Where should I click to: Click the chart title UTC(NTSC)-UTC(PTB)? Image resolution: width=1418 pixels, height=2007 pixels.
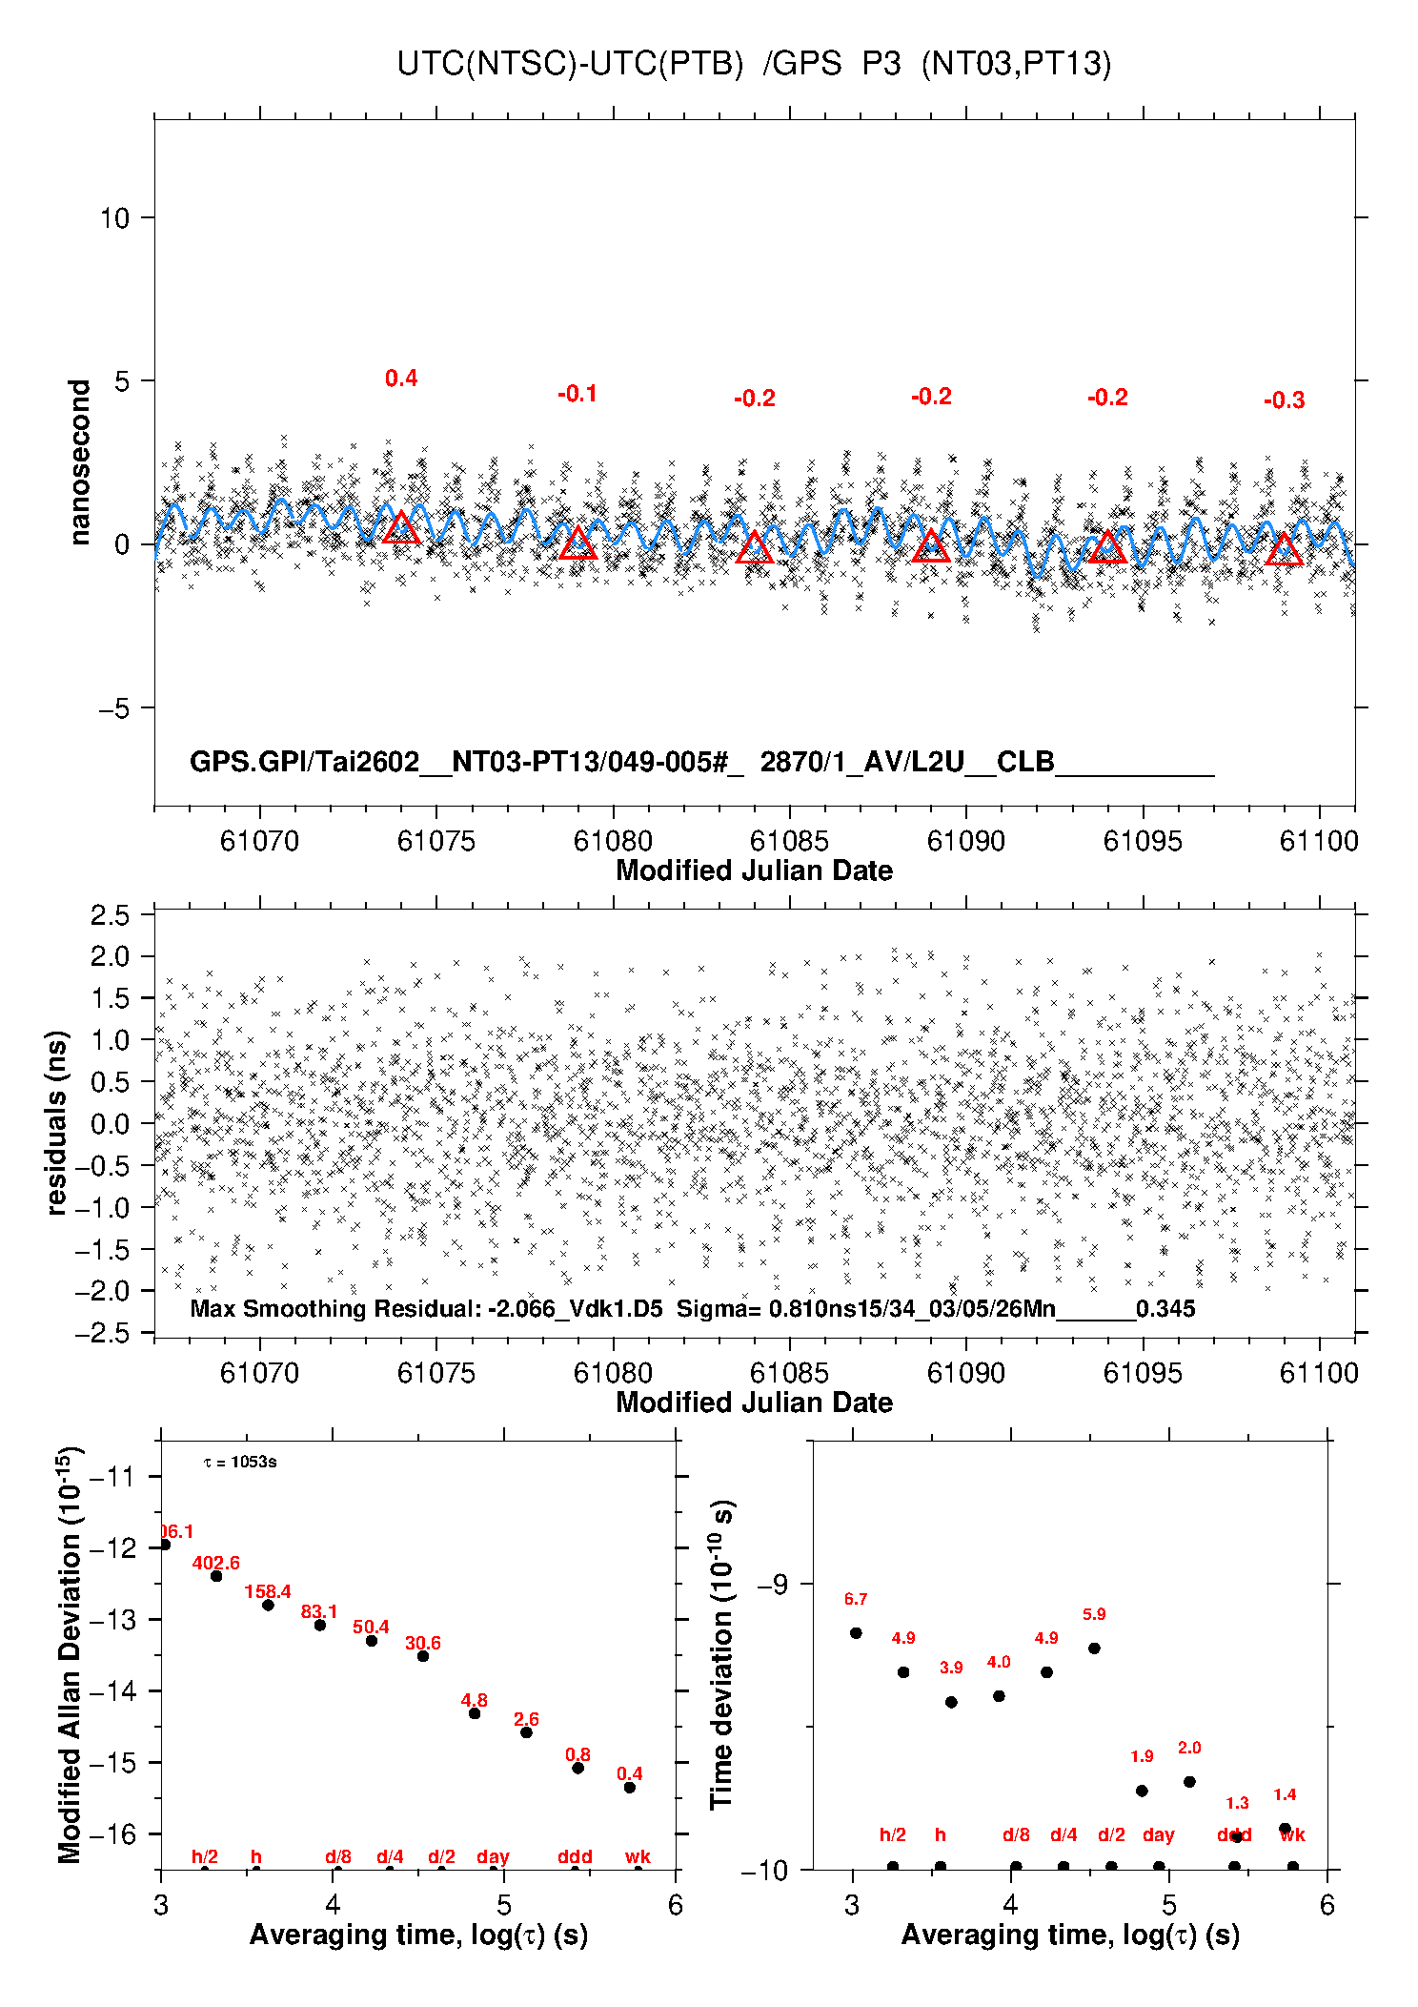click(x=569, y=64)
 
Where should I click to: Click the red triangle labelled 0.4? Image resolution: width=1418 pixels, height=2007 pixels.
click(x=401, y=528)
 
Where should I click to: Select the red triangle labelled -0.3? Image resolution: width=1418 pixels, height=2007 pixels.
click(x=1284, y=550)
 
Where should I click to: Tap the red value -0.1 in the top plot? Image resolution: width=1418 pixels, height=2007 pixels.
click(x=577, y=394)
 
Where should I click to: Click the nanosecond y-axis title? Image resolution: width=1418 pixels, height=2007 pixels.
click(x=79, y=462)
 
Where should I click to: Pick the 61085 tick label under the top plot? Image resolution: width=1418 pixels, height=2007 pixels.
click(x=789, y=841)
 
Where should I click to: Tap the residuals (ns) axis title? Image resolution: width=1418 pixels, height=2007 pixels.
click(x=56, y=1122)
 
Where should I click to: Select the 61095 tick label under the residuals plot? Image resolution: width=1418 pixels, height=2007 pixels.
click(x=1143, y=1373)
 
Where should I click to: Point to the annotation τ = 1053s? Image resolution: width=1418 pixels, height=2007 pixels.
click(x=240, y=1462)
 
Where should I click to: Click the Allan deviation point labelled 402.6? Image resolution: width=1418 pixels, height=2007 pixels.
click(x=216, y=1576)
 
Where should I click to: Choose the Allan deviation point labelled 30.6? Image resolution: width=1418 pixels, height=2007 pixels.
click(x=423, y=1656)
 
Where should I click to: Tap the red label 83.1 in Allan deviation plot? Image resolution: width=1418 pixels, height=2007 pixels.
click(x=319, y=1611)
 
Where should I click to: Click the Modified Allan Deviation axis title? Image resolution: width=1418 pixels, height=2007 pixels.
click(x=70, y=1654)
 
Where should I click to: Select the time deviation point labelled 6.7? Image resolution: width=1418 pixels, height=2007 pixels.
click(x=856, y=1632)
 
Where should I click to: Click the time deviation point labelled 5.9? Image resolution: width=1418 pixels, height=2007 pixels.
click(x=1094, y=1648)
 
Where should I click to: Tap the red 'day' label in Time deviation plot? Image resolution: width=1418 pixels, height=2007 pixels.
click(x=1158, y=1834)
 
